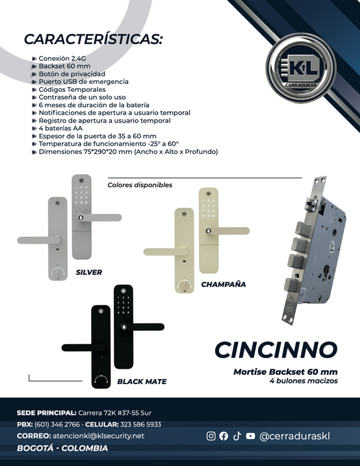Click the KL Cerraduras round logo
pyautogui.click(x=301, y=68)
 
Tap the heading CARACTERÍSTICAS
pyautogui.click(x=93, y=39)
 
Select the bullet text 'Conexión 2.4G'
pyautogui.click(x=63, y=59)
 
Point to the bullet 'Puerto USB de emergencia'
pyautogui.click(x=83, y=81)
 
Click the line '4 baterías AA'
pyautogui.click(x=61, y=128)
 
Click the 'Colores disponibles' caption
pyautogui.click(x=140, y=185)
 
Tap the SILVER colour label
pyautogui.click(x=89, y=272)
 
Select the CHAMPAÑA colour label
pyautogui.click(x=224, y=284)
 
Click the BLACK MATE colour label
pyautogui.click(x=142, y=381)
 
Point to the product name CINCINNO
pyautogui.click(x=276, y=349)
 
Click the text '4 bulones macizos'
pyautogui.click(x=303, y=381)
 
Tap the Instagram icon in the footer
pyautogui.click(x=211, y=436)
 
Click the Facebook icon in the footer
pyautogui.click(x=224, y=436)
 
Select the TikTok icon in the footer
pyautogui.click(x=237, y=436)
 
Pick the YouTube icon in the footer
pyautogui.click(x=250, y=436)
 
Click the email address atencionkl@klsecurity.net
pyautogui.click(x=98, y=435)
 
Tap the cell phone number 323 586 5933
pyautogui.click(x=141, y=424)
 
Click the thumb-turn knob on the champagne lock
pyautogui.click(x=184, y=286)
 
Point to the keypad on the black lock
pyautogui.click(x=123, y=305)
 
